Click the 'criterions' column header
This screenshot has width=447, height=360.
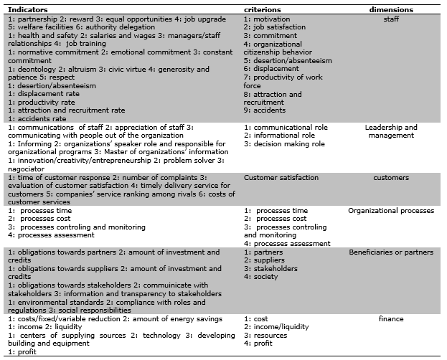262,10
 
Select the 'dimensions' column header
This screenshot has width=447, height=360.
390,10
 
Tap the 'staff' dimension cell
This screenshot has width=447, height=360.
390,19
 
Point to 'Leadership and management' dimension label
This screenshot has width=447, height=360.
390,131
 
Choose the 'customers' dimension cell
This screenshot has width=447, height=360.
390,177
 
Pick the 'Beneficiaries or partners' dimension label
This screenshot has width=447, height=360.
391,252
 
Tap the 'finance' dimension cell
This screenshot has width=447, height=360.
390,318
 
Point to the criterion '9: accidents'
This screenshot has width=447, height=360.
265,110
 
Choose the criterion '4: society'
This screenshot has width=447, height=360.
262,277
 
